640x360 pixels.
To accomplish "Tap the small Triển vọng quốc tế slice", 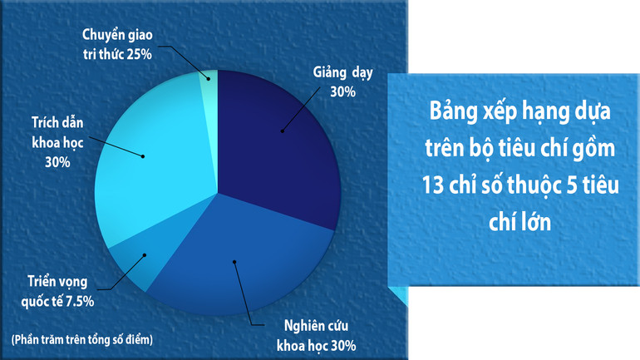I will click(x=133, y=262).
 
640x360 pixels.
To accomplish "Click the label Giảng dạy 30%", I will click(x=342, y=81).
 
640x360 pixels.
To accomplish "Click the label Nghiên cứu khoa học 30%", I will click(x=315, y=334).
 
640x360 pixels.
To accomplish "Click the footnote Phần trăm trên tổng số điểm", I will click(x=82, y=338).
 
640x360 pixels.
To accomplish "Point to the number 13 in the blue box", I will click(x=435, y=188).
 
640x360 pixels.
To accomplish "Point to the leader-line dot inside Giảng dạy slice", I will click(x=282, y=131).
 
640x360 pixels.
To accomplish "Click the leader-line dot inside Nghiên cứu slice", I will click(x=235, y=262).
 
